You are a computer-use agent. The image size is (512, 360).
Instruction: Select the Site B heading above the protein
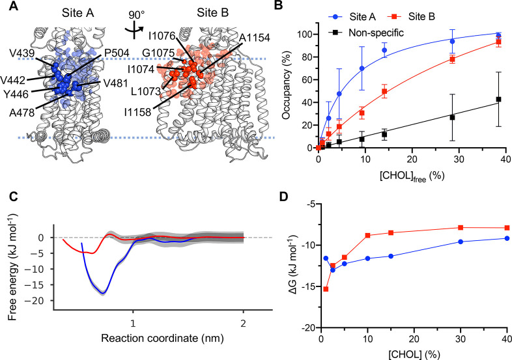coord(202,12)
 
